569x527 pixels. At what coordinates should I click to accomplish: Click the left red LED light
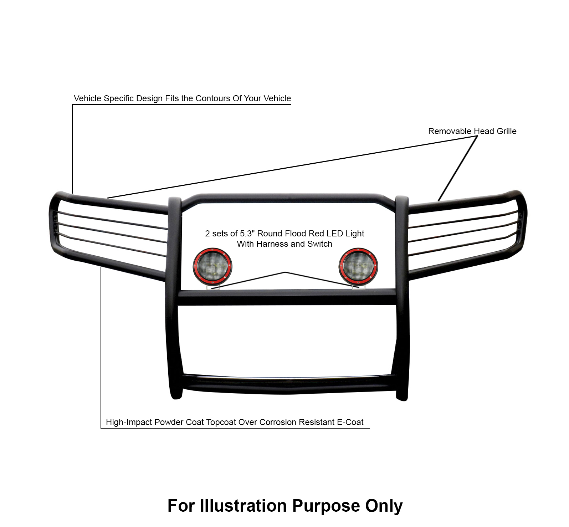[x=212, y=267]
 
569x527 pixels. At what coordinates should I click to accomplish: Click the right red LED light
[x=358, y=267]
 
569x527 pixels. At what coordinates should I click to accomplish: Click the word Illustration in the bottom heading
[x=243, y=506]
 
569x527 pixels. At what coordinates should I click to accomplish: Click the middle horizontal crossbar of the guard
[x=287, y=297]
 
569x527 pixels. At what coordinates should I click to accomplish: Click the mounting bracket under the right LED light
[x=359, y=287]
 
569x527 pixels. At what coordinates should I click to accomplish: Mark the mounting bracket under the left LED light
[x=215, y=287]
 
